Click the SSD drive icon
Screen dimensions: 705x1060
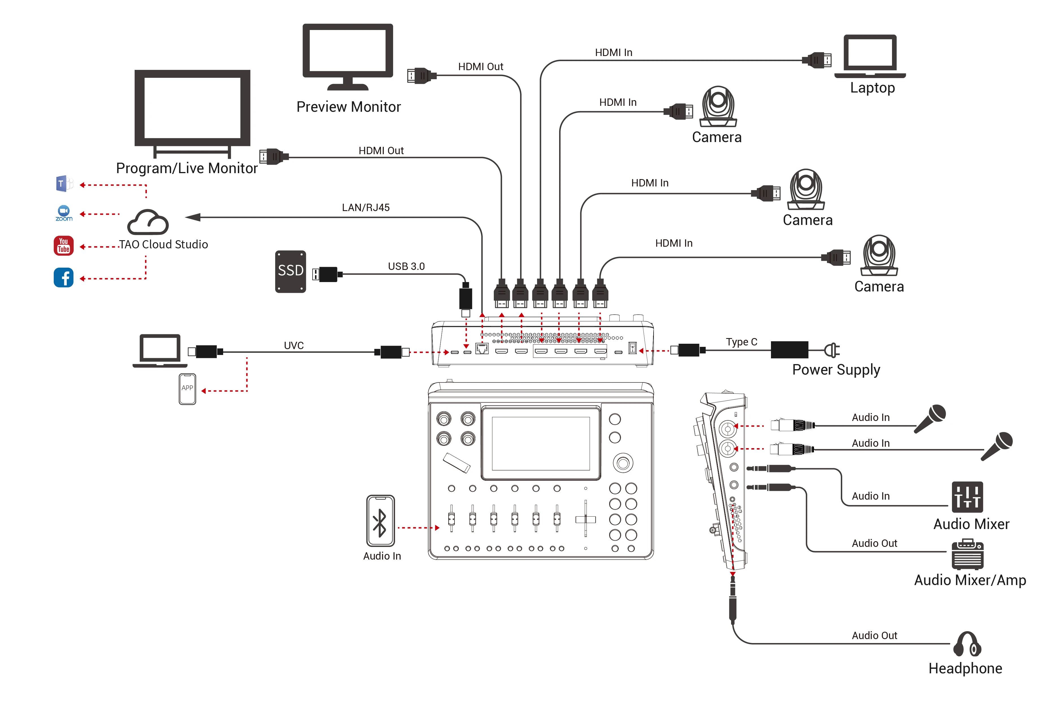click(x=290, y=272)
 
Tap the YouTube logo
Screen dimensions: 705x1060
click(x=63, y=246)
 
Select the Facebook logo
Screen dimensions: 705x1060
click(x=63, y=278)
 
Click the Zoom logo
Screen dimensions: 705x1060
click(x=64, y=213)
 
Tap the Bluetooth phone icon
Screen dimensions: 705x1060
click(x=380, y=521)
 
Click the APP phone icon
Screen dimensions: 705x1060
click(x=188, y=388)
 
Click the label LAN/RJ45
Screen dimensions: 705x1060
click(x=365, y=207)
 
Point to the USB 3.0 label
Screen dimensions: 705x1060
click(x=406, y=266)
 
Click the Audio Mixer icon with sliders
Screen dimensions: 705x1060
click(x=967, y=496)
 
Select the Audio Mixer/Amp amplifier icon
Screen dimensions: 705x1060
click(x=967, y=554)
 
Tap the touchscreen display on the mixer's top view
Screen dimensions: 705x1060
click(x=540, y=443)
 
